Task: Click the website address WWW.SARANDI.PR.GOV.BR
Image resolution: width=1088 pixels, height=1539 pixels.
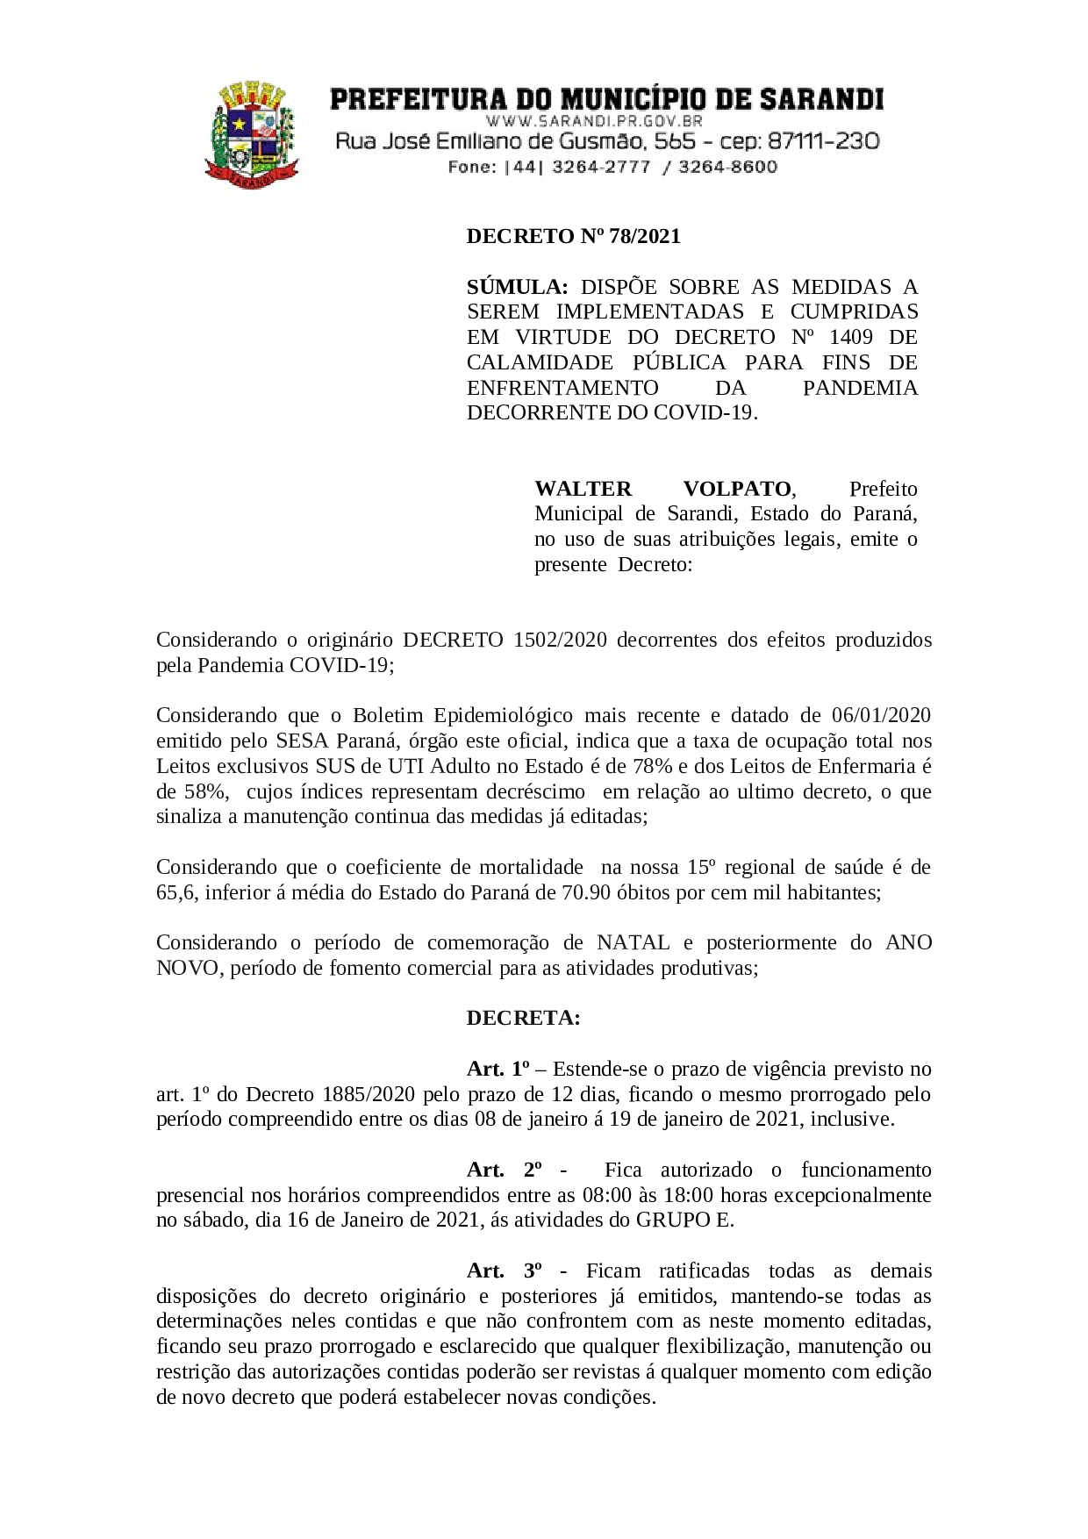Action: click(594, 121)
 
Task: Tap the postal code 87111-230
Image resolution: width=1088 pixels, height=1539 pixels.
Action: click(824, 141)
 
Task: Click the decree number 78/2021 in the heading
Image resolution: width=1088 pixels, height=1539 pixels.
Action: click(645, 236)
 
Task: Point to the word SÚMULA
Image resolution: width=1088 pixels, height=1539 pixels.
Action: click(518, 287)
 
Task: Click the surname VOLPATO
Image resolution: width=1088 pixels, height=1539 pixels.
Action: click(738, 489)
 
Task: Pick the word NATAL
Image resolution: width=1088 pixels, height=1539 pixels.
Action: click(633, 942)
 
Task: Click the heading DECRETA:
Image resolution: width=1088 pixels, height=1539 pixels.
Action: click(523, 1018)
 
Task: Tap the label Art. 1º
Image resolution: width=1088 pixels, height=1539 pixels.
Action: click(498, 1069)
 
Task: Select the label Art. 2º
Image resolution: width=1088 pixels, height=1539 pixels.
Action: click(504, 1170)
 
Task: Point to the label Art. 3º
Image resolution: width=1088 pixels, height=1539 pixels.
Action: click(504, 1271)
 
